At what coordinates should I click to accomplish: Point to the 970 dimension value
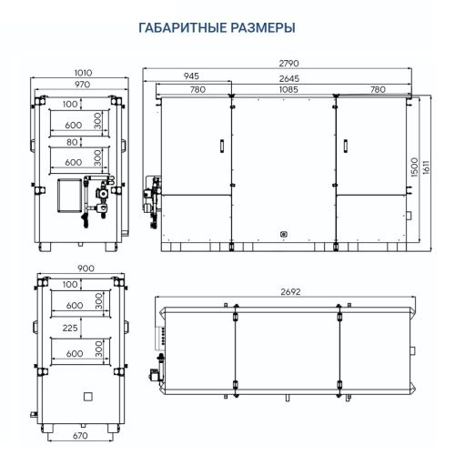(82, 84)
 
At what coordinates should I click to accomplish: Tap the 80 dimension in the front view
(70, 141)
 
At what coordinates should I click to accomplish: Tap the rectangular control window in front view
(67, 197)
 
